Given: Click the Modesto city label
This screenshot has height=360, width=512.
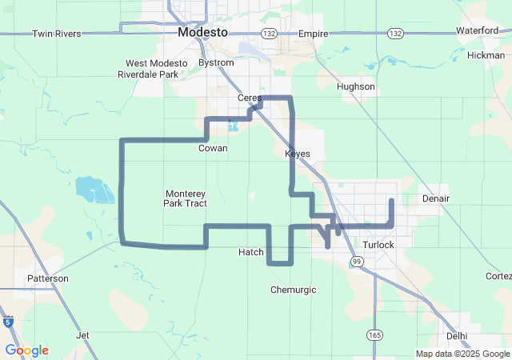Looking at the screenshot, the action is pyautogui.click(x=202, y=32).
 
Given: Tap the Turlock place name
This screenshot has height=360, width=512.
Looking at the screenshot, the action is pyautogui.click(x=378, y=244).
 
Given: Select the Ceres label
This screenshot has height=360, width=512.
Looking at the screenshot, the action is pyautogui.click(x=250, y=98).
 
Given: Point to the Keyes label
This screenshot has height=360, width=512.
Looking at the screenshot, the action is pyautogui.click(x=297, y=154).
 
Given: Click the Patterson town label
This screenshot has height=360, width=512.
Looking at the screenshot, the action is pyautogui.click(x=48, y=278).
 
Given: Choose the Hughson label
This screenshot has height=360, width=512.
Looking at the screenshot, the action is pyautogui.click(x=356, y=86).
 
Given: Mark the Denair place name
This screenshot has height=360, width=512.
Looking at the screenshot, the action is pyautogui.click(x=434, y=198).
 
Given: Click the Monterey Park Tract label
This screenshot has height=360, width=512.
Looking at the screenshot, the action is pyautogui.click(x=186, y=198).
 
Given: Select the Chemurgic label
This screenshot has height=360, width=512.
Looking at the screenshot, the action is pyautogui.click(x=294, y=290).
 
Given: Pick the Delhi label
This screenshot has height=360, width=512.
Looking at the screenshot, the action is pyautogui.click(x=457, y=336).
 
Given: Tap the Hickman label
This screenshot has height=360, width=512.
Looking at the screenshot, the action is pyautogui.click(x=486, y=55).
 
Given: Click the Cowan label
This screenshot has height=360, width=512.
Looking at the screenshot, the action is pyautogui.click(x=213, y=148).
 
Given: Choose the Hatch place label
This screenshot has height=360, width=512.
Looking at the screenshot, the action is pyautogui.click(x=251, y=252).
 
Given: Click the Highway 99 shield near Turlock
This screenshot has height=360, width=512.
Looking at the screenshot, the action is pyautogui.click(x=357, y=261).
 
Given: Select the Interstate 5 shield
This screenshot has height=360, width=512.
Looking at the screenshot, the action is pyautogui.click(x=8, y=322).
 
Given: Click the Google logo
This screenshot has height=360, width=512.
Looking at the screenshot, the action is pyautogui.click(x=26, y=350).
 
